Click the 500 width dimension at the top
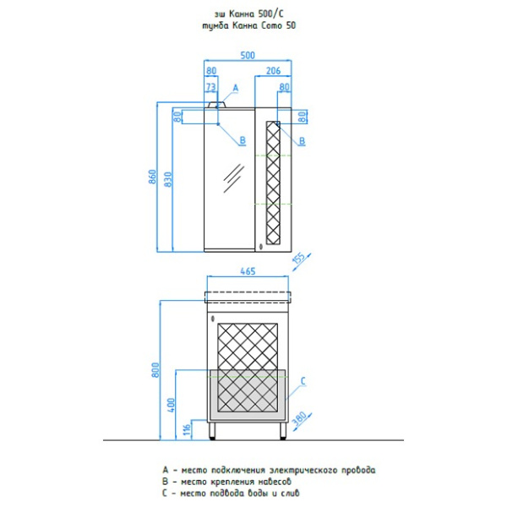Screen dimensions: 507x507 (x=248, y=55)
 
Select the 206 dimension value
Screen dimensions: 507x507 (x=273, y=71)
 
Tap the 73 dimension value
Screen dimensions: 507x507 (x=210, y=87)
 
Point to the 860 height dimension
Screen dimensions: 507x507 (x=153, y=177)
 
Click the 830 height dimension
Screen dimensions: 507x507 (x=168, y=180)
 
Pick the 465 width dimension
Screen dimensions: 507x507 (x=248, y=271)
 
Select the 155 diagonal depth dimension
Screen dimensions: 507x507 (x=299, y=258)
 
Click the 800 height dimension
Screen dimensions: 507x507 (x=155, y=370)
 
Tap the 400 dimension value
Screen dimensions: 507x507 (x=171, y=405)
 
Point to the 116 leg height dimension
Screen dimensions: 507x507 (x=187, y=429)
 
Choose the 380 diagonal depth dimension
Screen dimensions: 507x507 (x=299, y=419)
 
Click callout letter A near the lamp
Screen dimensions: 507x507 (x=236, y=88)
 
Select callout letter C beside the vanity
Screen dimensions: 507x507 (x=303, y=381)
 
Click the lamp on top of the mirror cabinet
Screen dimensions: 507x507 (x=217, y=105)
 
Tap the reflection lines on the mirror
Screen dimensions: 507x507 (x=234, y=178)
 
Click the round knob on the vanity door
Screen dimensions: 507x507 (x=213, y=319)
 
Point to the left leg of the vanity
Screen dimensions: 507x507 (x=212, y=430)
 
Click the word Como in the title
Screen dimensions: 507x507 (x=271, y=25)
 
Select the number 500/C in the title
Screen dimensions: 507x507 (x=270, y=14)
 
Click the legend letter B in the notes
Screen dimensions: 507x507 (x=166, y=482)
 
